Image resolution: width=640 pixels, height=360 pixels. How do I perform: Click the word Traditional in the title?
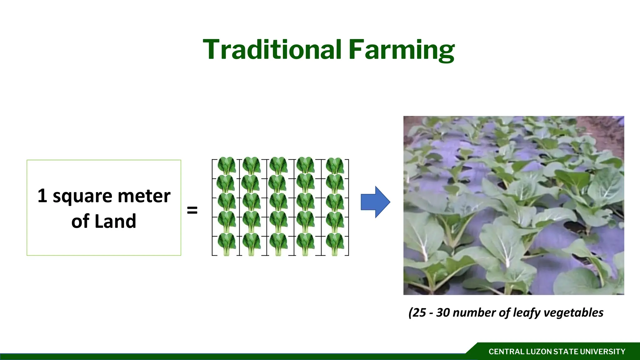click(272, 50)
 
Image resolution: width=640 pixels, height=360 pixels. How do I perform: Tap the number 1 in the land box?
click(42, 196)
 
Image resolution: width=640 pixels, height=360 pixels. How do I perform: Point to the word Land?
click(115, 221)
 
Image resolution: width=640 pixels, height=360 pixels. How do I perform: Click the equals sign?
click(192, 210)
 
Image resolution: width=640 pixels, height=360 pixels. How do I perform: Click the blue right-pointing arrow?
click(375, 202)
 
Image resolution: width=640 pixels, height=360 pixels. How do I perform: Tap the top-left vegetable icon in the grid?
click(226, 166)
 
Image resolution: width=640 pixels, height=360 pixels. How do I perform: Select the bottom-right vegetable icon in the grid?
click(335, 244)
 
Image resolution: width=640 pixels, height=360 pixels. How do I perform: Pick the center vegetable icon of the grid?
click(278, 202)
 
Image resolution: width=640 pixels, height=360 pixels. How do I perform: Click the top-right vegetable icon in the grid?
click(335, 166)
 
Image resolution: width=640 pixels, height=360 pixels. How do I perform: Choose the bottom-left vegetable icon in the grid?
click(226, 244)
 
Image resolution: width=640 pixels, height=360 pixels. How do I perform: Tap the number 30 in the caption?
click(443, 312)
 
